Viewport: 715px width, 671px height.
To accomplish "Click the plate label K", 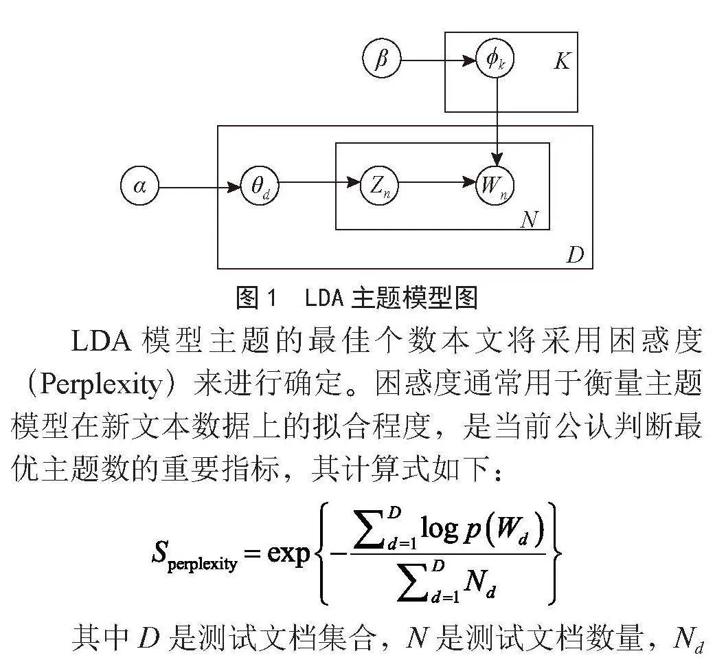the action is pyautogui.click(x=563, y=60).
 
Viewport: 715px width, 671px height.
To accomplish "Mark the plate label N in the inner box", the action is pyautogui.click(x=530, y=219).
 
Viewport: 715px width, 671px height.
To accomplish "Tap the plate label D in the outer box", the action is pyautogui.click(x=575, y=254).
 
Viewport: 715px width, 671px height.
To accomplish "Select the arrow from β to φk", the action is pyautogui.click(x=438, y=60).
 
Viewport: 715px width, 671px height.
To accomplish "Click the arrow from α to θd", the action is pyautogui.click(x=200, y=187).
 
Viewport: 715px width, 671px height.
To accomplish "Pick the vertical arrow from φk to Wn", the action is pyautogui.click(x=497, y=122).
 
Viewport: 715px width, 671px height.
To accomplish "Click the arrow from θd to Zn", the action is pyautogui.click(x=319, y=183).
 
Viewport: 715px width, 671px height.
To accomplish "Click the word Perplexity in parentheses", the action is pyautogui.click(x=101, y=385).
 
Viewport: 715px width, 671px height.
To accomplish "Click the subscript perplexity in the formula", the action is pyautogui.click(x=202, y=564).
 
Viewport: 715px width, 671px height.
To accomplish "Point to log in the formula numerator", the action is pyautogui.click(x=440, y=529).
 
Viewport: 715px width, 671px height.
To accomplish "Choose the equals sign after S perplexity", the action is pyautogui.click(x=251, y=553).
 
